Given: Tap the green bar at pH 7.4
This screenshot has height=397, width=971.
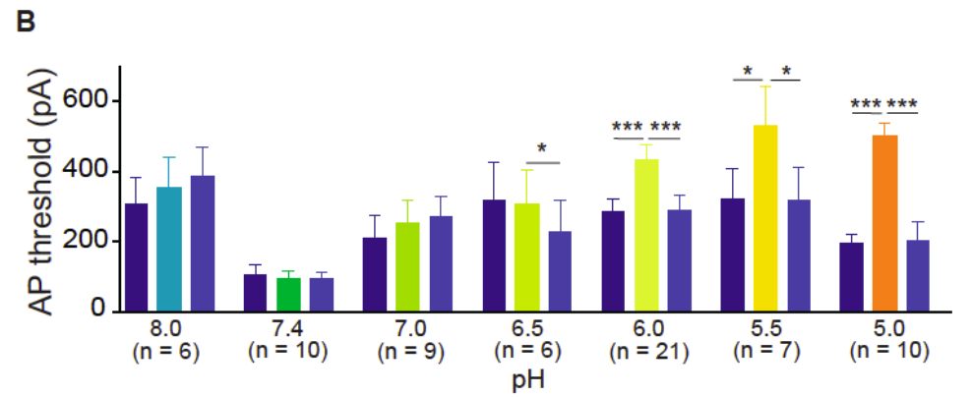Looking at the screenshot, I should pos(288,294).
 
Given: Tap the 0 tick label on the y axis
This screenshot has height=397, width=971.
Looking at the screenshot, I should pos(97,312).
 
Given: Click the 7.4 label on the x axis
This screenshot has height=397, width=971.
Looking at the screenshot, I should pos(288,328).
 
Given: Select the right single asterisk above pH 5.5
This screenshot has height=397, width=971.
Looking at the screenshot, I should pos(787,72).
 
